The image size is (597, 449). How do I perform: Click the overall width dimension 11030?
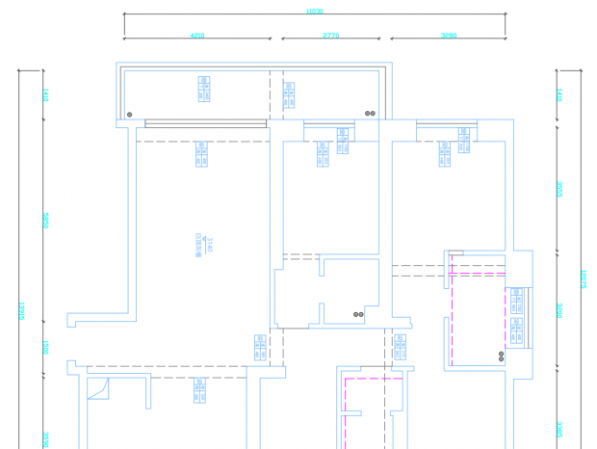coord(315,12)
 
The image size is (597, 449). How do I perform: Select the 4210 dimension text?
coord(197,36)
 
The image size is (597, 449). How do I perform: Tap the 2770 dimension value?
coord(330,36)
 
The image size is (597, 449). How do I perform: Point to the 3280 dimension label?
coord(449,36)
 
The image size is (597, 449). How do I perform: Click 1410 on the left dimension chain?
coord(45,95)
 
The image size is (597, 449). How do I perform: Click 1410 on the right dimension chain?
coord(560,95)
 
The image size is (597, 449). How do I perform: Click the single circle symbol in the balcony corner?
coord(130,114)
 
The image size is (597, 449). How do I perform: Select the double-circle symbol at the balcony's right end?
coord(370,113)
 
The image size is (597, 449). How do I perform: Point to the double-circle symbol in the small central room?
coord(358,314)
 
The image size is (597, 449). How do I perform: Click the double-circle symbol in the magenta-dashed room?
coord(501,356)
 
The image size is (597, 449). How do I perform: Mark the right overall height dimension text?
coord(584,279)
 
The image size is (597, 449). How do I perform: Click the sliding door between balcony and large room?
coord(205,123)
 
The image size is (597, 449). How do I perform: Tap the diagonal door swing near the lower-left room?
coord(98,389)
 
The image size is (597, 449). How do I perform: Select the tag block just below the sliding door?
coord(201,154)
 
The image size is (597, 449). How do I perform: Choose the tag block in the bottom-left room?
coord(200,389)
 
